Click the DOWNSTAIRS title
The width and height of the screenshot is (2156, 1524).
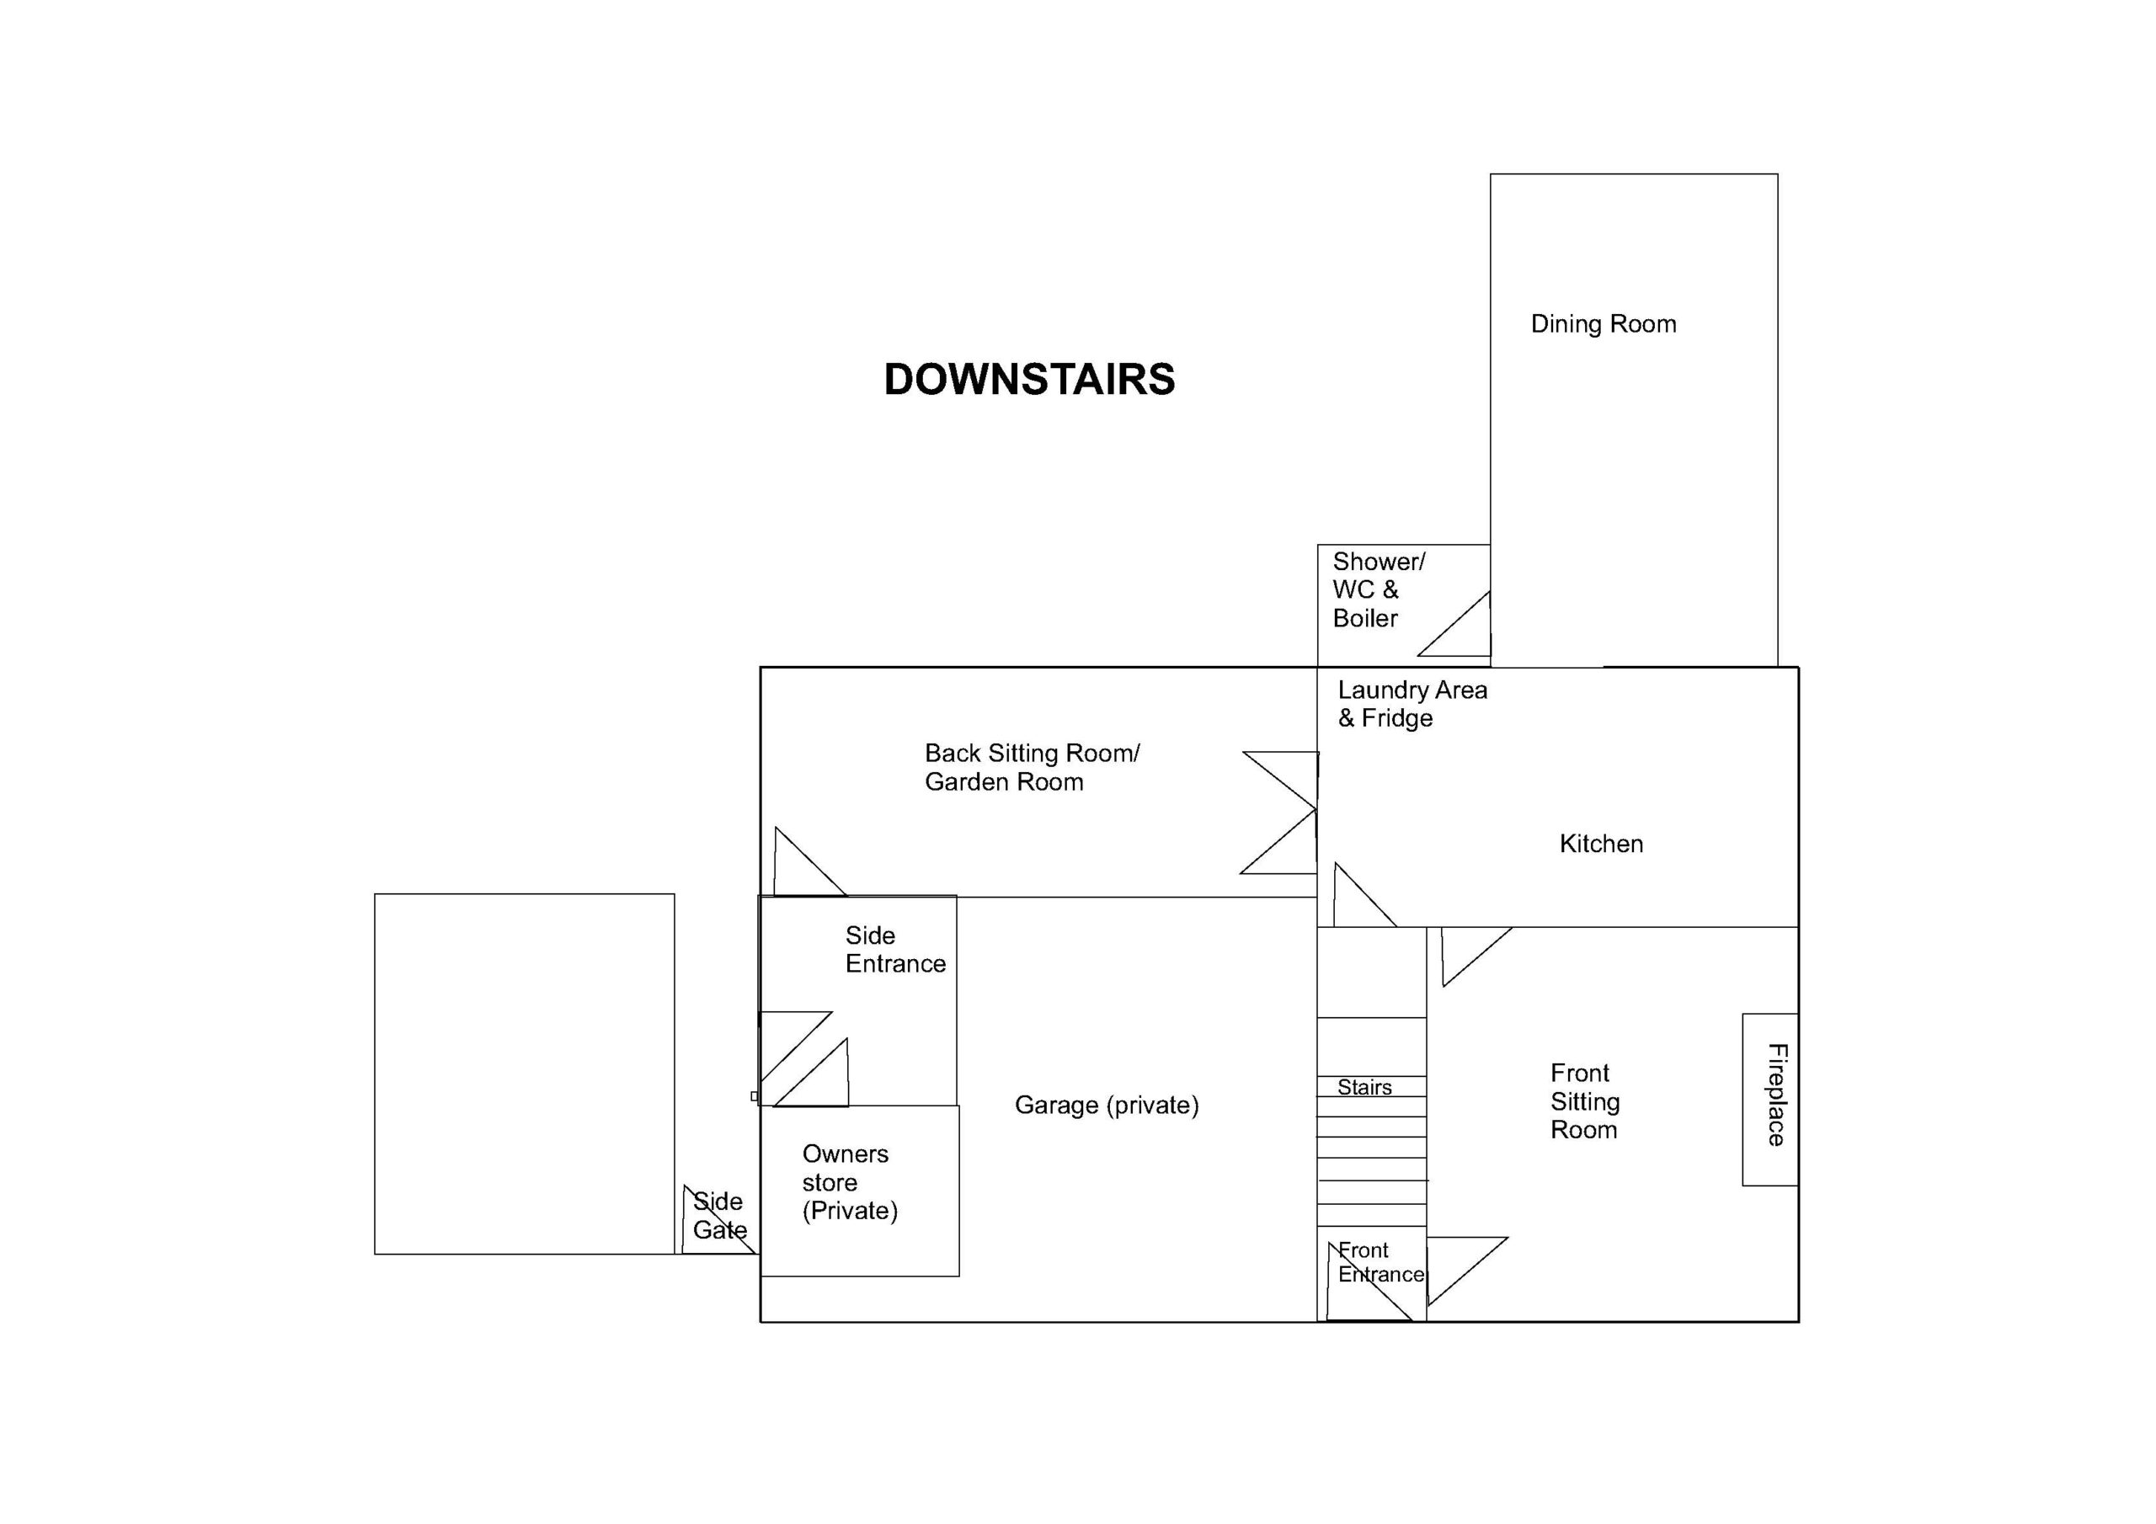coord(1029,380)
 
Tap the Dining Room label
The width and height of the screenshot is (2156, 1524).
coord(1603,324)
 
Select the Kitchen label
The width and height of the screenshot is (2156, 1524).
coord(1601,843)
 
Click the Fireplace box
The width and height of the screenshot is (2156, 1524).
coord(1770,1099)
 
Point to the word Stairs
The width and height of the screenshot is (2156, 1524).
coord(1364,1087)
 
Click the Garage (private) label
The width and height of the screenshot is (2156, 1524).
coord(1106,1106)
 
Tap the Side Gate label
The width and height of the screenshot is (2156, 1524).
coord(719,1215)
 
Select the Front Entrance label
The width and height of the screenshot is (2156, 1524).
coord(1380,1262)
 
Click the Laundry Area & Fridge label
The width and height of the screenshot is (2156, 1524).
coord(1412,704)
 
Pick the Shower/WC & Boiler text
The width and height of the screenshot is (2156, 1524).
coord(1379,589)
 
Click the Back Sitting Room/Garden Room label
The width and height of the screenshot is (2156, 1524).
coord(1032,767)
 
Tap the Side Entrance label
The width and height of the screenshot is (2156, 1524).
coord(895,949)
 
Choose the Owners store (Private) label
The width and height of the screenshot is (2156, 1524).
coord(850,1182)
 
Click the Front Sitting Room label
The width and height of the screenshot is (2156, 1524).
coord(1585,1100)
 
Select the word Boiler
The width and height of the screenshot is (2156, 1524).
coord(1365,618)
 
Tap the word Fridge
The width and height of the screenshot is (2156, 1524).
coord(1397,718)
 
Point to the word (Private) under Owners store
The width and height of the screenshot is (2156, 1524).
coord(850,1212)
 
